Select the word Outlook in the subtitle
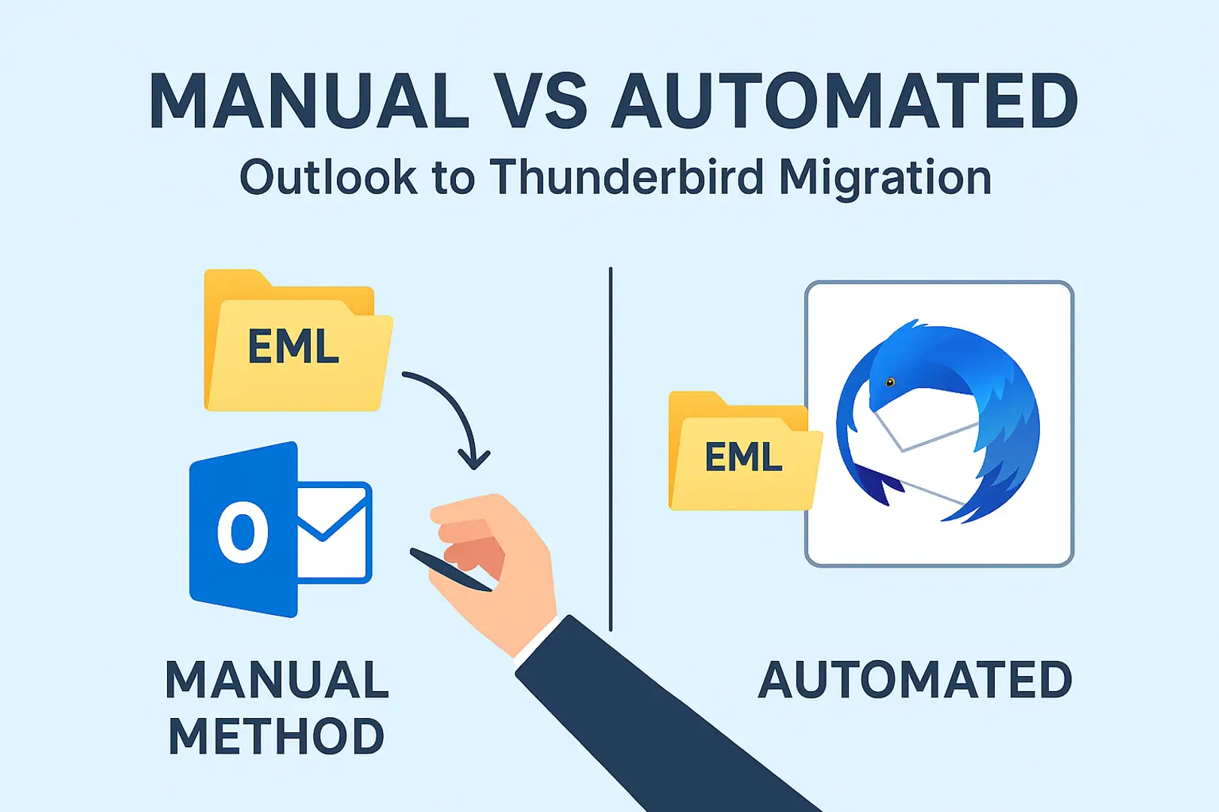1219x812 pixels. coord(329,177)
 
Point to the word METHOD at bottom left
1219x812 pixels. coord(277,736)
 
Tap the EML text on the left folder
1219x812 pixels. coord(294,346)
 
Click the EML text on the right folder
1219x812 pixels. coord(743,456)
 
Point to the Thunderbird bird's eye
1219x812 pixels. coord(890,383)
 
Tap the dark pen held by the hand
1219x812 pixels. coord(451,569)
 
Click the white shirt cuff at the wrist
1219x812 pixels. coord(536,640)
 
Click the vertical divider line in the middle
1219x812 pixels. coord(610,449)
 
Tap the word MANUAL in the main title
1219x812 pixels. coord(309,101)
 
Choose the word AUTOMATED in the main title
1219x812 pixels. coord(844,101)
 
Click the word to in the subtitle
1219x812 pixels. coord(454,180)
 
